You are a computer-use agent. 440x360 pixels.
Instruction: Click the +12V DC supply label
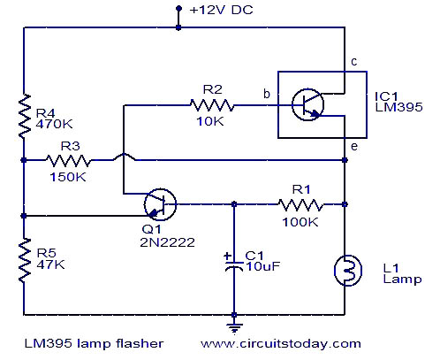coord(222,10)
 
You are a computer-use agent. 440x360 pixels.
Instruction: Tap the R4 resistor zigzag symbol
coord(25,116)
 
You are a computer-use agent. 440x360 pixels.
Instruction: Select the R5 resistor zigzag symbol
coord(25,261)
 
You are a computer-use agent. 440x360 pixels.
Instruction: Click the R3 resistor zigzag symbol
coord(68,160)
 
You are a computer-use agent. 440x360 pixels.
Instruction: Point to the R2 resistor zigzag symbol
coord(212,105)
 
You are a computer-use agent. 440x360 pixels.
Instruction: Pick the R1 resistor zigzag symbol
coord(300,204)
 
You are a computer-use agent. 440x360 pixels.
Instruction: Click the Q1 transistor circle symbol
coord(160,204)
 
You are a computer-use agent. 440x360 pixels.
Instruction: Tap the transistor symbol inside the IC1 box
coord(307,104)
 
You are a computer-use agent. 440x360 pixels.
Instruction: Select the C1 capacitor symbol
coord(234,263)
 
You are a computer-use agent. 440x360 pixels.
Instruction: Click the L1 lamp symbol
coord(348,271)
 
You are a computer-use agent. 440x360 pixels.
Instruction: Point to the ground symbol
coord(234,328)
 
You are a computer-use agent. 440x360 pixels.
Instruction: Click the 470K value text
coord(54,124)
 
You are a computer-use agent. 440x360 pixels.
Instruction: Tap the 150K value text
coord(68,177)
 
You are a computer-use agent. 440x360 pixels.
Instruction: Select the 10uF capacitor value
coord(262,266)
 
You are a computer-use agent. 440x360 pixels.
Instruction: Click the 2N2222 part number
coord(167,242)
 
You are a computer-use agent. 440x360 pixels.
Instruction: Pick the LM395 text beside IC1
coord(398,107)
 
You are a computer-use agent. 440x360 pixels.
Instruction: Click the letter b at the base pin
coord(267,94)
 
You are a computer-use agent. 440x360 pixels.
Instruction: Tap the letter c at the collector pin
coord(354,62)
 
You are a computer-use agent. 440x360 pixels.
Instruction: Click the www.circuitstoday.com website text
coord(281,344)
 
